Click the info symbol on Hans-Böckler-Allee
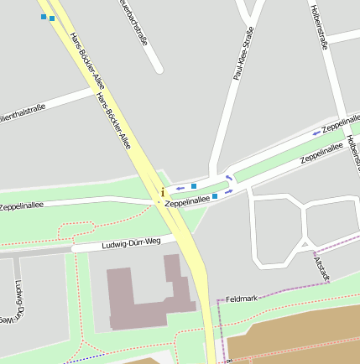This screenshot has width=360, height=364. (x=162, y=193)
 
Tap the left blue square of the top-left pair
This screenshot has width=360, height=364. (x=44, y=16)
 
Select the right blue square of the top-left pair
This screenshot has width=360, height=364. (x=52, y=18)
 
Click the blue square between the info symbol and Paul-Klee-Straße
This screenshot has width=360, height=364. (x=194, y=185)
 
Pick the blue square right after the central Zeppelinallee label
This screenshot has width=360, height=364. (x=215, y=196)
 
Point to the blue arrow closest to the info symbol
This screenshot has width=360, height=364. (x=180, y=188)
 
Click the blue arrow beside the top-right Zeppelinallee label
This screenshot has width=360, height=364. (x=316, y=132)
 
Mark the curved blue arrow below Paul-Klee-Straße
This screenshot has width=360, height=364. (x=229, y=176)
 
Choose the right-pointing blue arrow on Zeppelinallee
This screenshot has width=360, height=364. (x=229, y=191)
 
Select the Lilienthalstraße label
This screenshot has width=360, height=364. (x=22, y=111)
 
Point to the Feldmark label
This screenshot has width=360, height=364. (x=241, y=299)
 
